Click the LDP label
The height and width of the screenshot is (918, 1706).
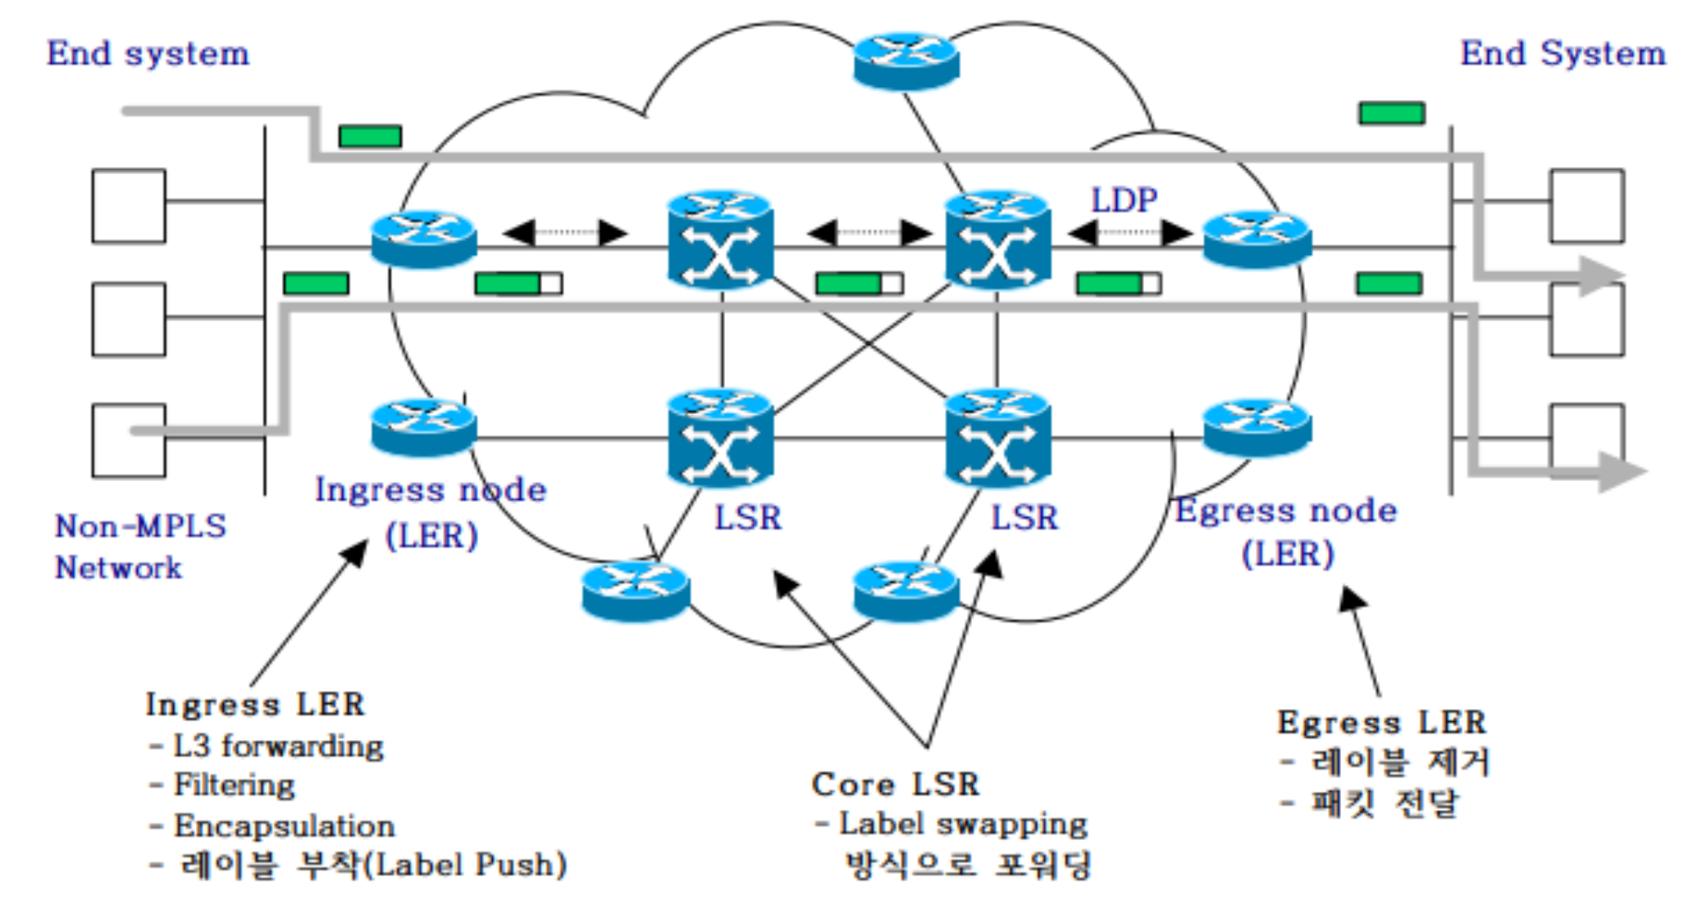[1124, 200]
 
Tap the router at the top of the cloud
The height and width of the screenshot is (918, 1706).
[906, 59]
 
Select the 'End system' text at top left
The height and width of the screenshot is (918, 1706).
[148, 53]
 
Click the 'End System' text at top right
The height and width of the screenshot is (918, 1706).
[1562, 53]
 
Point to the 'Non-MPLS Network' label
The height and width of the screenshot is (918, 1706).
[139, 546]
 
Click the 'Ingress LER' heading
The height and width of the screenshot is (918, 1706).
[254, 704]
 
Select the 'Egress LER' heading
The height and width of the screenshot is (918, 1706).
[1381, 722]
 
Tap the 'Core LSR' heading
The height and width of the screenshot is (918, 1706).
[895, 784]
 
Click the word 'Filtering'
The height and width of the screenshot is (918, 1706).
[234, 785]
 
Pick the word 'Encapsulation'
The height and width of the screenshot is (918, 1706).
[284, 825]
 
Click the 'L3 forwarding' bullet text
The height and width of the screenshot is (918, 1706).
[278, 746]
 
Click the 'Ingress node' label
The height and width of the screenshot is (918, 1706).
[431, 490]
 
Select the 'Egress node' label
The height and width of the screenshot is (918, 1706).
[1286, 511]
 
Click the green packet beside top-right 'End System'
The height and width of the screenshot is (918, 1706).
[1391, 113]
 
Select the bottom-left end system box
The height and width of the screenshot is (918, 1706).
[129, 440]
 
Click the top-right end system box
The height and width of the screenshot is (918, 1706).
[1586, 206]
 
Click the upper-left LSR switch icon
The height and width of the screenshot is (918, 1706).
[720, 239]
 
